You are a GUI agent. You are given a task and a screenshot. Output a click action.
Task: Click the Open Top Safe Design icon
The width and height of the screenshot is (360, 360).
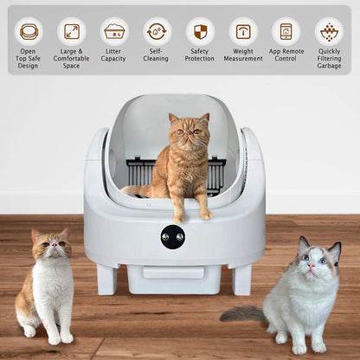point(29,31)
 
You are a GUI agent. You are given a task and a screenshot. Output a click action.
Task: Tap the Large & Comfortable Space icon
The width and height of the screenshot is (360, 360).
point(71,31)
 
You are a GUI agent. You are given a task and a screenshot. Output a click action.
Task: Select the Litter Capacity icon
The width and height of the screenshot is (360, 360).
point(113,31)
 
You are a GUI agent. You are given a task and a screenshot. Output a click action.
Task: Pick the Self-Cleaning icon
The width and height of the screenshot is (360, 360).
point(157,31)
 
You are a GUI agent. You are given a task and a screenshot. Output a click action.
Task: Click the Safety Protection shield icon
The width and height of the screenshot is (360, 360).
point(200,31)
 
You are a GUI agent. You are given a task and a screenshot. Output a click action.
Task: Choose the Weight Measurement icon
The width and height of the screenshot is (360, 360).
point(243,31)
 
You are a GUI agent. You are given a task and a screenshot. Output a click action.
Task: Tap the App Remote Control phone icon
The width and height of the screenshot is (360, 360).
point(286,31)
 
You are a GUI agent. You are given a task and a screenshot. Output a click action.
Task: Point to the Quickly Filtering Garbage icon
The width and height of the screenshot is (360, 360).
point(329,31)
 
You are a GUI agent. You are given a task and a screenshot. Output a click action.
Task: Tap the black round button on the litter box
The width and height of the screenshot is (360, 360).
point(172,236)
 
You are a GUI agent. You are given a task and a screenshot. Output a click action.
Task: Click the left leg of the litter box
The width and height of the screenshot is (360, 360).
point(107,280)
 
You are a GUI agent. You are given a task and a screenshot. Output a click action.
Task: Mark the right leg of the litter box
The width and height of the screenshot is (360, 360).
point(241,280)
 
